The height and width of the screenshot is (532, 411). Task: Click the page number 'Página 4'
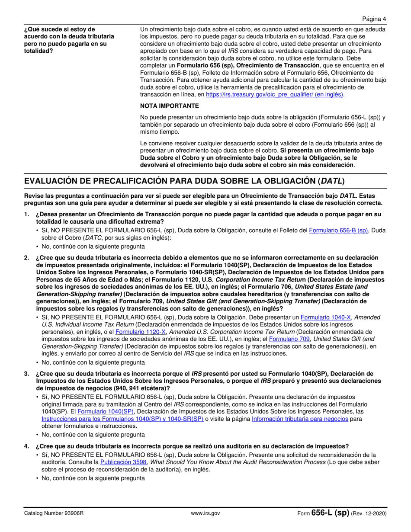[374, 19]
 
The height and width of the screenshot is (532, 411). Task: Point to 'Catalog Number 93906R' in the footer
[54, 513]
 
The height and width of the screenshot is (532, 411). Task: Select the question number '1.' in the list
[27, 214]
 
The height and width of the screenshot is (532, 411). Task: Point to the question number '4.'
[27, 446]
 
